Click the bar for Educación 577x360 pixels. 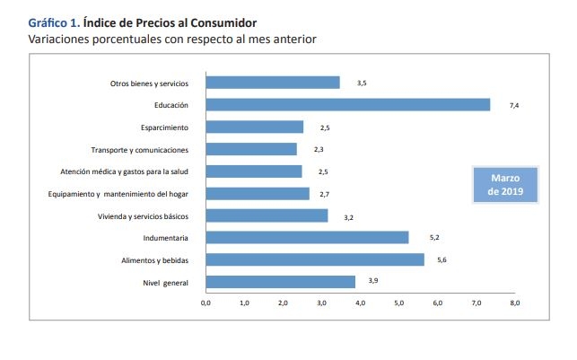pos(348,105)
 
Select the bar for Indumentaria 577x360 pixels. pos(307,238)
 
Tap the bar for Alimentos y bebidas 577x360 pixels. pos(315,259)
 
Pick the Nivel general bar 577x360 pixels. pos(280,282)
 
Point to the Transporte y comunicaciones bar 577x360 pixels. pos(251,149)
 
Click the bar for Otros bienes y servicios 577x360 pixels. pos(273,83)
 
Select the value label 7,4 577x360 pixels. pos(514,105)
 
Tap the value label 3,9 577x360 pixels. pos(373,282)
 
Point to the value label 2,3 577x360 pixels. pos(319,149)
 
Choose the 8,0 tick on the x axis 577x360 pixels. pos(515,303)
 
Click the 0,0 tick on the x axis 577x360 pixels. pos(205,303)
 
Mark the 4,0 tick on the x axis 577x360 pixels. pos(360,303)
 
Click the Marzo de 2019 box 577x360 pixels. pos(505,184)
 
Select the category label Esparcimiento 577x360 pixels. pos(165,127)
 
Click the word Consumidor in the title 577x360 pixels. pos(221,22)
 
